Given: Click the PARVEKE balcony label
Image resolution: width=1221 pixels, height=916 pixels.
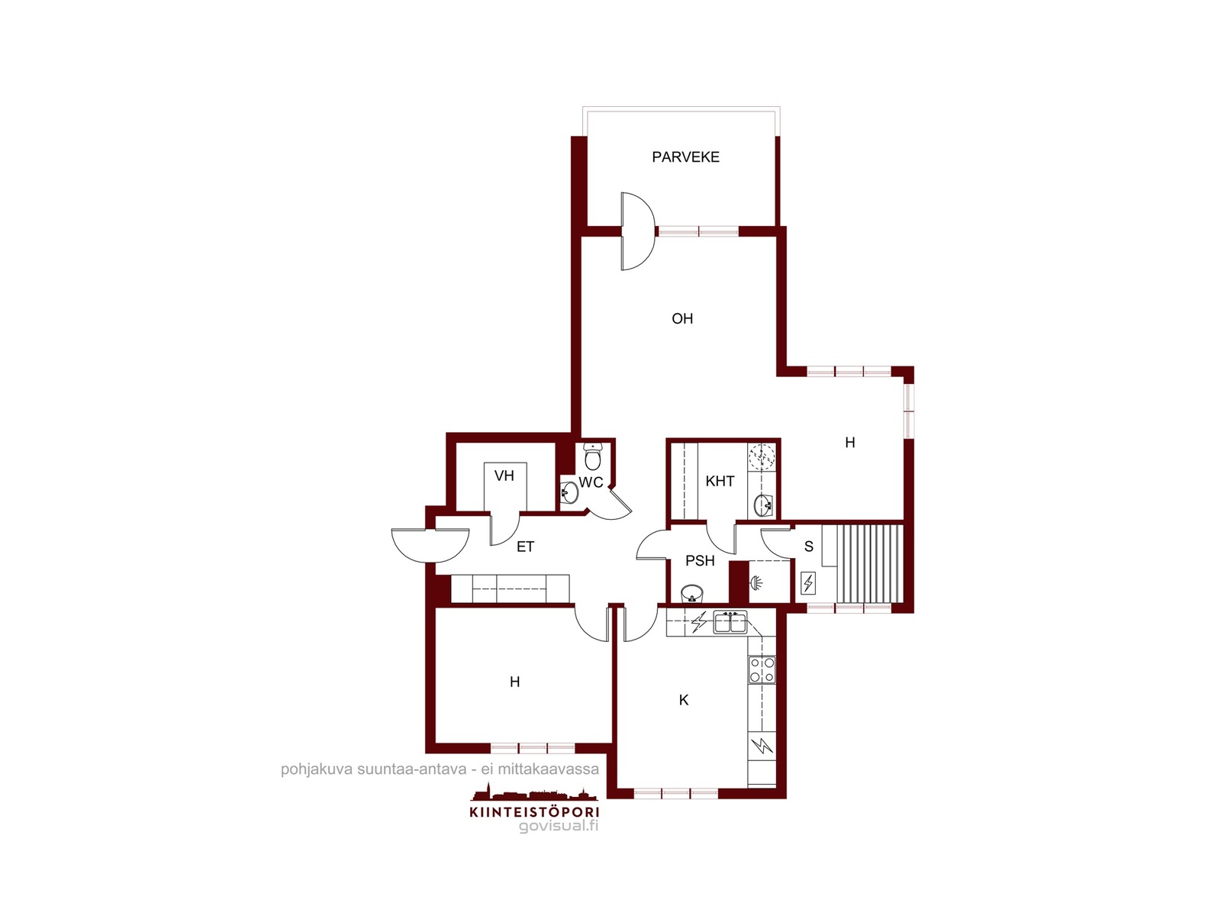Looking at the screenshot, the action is coord(685,156).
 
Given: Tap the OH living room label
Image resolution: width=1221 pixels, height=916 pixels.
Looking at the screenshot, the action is coord(682,318).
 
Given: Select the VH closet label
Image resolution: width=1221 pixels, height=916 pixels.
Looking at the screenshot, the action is coord(504,476).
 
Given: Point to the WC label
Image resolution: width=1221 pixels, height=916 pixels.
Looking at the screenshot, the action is coord(591,482).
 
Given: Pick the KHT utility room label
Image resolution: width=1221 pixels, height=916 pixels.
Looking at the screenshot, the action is coord(720,481).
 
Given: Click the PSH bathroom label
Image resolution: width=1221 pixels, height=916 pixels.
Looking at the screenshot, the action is coord(700,560).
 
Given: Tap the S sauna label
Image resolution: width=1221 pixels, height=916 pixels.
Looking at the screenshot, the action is coord(809,547).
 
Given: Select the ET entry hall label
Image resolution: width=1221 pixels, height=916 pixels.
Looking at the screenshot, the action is coord(525,547).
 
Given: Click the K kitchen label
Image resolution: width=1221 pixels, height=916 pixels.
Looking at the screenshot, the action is coord(684,700).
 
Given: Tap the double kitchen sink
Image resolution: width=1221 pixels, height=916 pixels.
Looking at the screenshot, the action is coord(730,622).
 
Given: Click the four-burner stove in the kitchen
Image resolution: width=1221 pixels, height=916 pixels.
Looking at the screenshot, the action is coord(762,669).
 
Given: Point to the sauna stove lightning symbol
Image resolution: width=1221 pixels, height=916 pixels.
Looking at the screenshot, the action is coord(807,583).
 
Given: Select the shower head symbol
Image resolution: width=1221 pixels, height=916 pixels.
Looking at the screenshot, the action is coord(756,583).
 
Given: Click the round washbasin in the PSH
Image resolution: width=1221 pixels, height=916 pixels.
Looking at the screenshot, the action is coord(692,593).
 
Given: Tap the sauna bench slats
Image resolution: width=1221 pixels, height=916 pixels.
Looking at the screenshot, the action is coord(869,564).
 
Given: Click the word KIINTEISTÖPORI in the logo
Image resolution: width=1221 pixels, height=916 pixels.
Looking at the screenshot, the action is coord(534,812).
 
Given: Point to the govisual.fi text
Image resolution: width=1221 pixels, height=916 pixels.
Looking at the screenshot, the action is coord(559,826).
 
